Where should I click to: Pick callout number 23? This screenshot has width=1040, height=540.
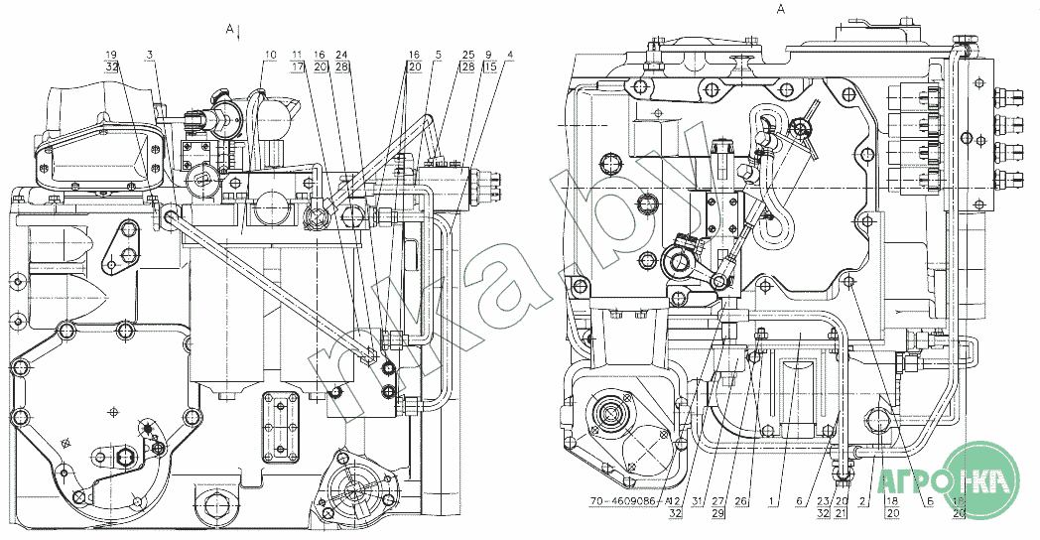pyautogui.click(x=823, y=501)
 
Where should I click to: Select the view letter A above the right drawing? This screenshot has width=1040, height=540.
pyautogui.click(x=781, y=9)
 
